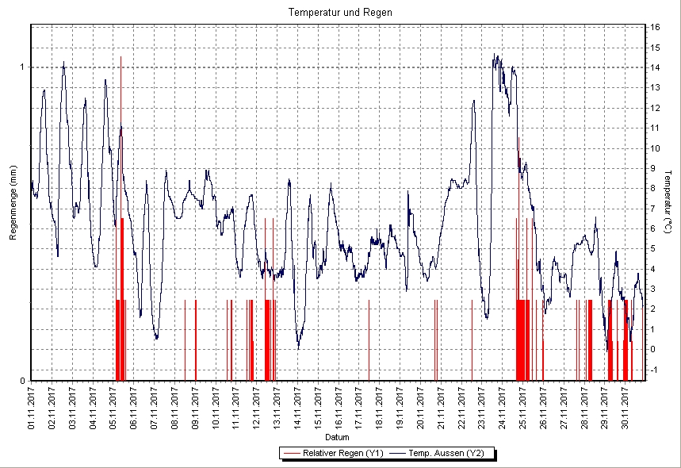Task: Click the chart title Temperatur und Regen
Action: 340,13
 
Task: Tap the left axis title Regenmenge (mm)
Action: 13,203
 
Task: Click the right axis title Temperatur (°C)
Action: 668,204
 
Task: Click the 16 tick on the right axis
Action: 656,27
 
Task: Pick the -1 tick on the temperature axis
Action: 654,370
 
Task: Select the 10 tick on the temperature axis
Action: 656,148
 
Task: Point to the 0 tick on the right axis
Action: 652,350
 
